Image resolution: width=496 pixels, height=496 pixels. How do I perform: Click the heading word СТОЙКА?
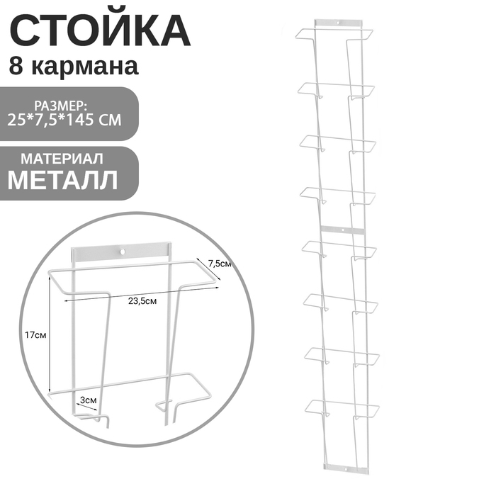[100, 30]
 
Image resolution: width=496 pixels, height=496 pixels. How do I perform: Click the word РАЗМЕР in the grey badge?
[60, 106]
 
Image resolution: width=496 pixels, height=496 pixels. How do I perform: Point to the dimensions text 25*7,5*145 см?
[64, 120]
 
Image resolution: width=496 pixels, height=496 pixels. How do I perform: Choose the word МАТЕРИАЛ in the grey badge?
[62, 159]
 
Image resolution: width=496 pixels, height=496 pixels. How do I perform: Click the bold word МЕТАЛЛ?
[63, 180]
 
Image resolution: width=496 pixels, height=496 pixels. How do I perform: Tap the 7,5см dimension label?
[220, 263]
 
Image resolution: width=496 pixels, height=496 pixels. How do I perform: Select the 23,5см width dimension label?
[142, 301]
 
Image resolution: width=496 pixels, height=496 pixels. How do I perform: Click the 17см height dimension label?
[35, 335]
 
